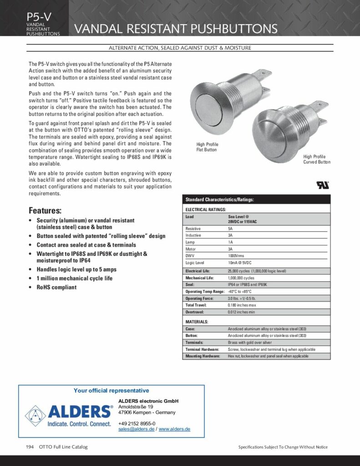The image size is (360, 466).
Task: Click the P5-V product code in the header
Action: (x=39, y=17)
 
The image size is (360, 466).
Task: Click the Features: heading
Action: (x=45, y=211)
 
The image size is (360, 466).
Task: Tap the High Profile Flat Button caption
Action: (x=207, y=147)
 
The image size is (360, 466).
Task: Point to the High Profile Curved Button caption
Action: (x=317, y=159)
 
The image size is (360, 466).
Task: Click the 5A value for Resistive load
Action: (x=230, y=228)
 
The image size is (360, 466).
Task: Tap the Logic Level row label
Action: (x=195, y=263)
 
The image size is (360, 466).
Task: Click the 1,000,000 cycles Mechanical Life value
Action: (x=241, y=278)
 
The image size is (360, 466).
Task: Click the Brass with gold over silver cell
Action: (x=250, y=342)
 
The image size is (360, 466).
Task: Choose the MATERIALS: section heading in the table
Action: (x=197, y=321)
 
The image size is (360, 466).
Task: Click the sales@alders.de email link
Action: (x=136, y=429)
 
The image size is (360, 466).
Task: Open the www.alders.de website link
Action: (x=174, y=429)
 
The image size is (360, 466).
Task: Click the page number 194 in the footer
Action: (x=30, y=447)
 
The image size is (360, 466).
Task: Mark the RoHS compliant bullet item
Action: (x=56, y=287)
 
